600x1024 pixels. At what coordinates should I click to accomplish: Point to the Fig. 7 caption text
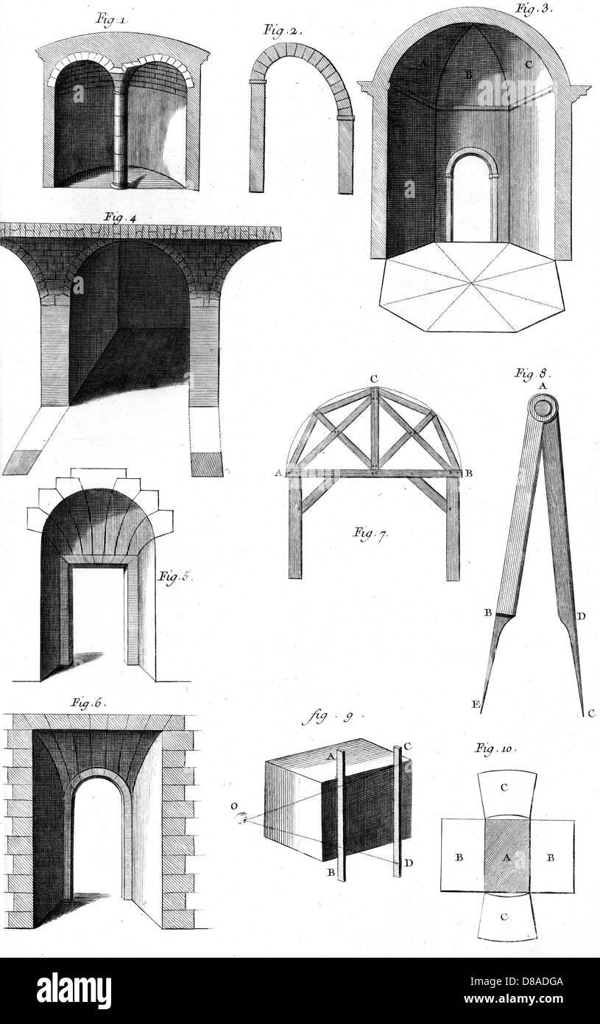pyautogui.click(x=370, y=533)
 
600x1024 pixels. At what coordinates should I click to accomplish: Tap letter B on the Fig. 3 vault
pyautogui.click(x=468, y=75)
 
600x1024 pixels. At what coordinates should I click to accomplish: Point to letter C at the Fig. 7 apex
pyautogui.click(x=373, y=379)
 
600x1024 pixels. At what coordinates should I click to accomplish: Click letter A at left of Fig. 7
pyautogui.click(x=277, y=474)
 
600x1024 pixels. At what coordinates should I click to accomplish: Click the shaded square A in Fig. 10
pyautogui.click(x=507, y=858)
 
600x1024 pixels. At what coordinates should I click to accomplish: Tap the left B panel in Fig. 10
pyautogui.click(x=462, y=858)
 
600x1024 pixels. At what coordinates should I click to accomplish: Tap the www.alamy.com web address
pyautogui.click(x=514, y=998)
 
